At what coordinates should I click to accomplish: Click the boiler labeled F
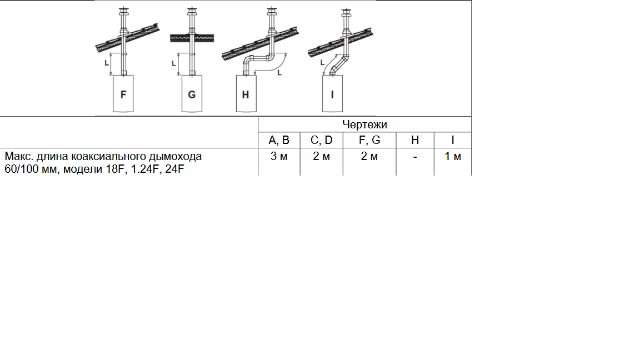[123, 93]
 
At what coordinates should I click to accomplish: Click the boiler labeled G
[191, 93]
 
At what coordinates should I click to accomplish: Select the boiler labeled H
[247, 93]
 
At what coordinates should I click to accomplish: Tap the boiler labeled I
[332, 93]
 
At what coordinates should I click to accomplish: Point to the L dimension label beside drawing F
[107, 63]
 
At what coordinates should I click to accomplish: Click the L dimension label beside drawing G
[173, 63]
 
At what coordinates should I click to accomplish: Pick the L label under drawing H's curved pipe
[280, 73]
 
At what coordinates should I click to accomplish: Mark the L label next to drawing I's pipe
[322, 62]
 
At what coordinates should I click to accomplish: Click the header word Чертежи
[364, 124]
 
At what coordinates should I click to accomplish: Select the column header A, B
[279, 140]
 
